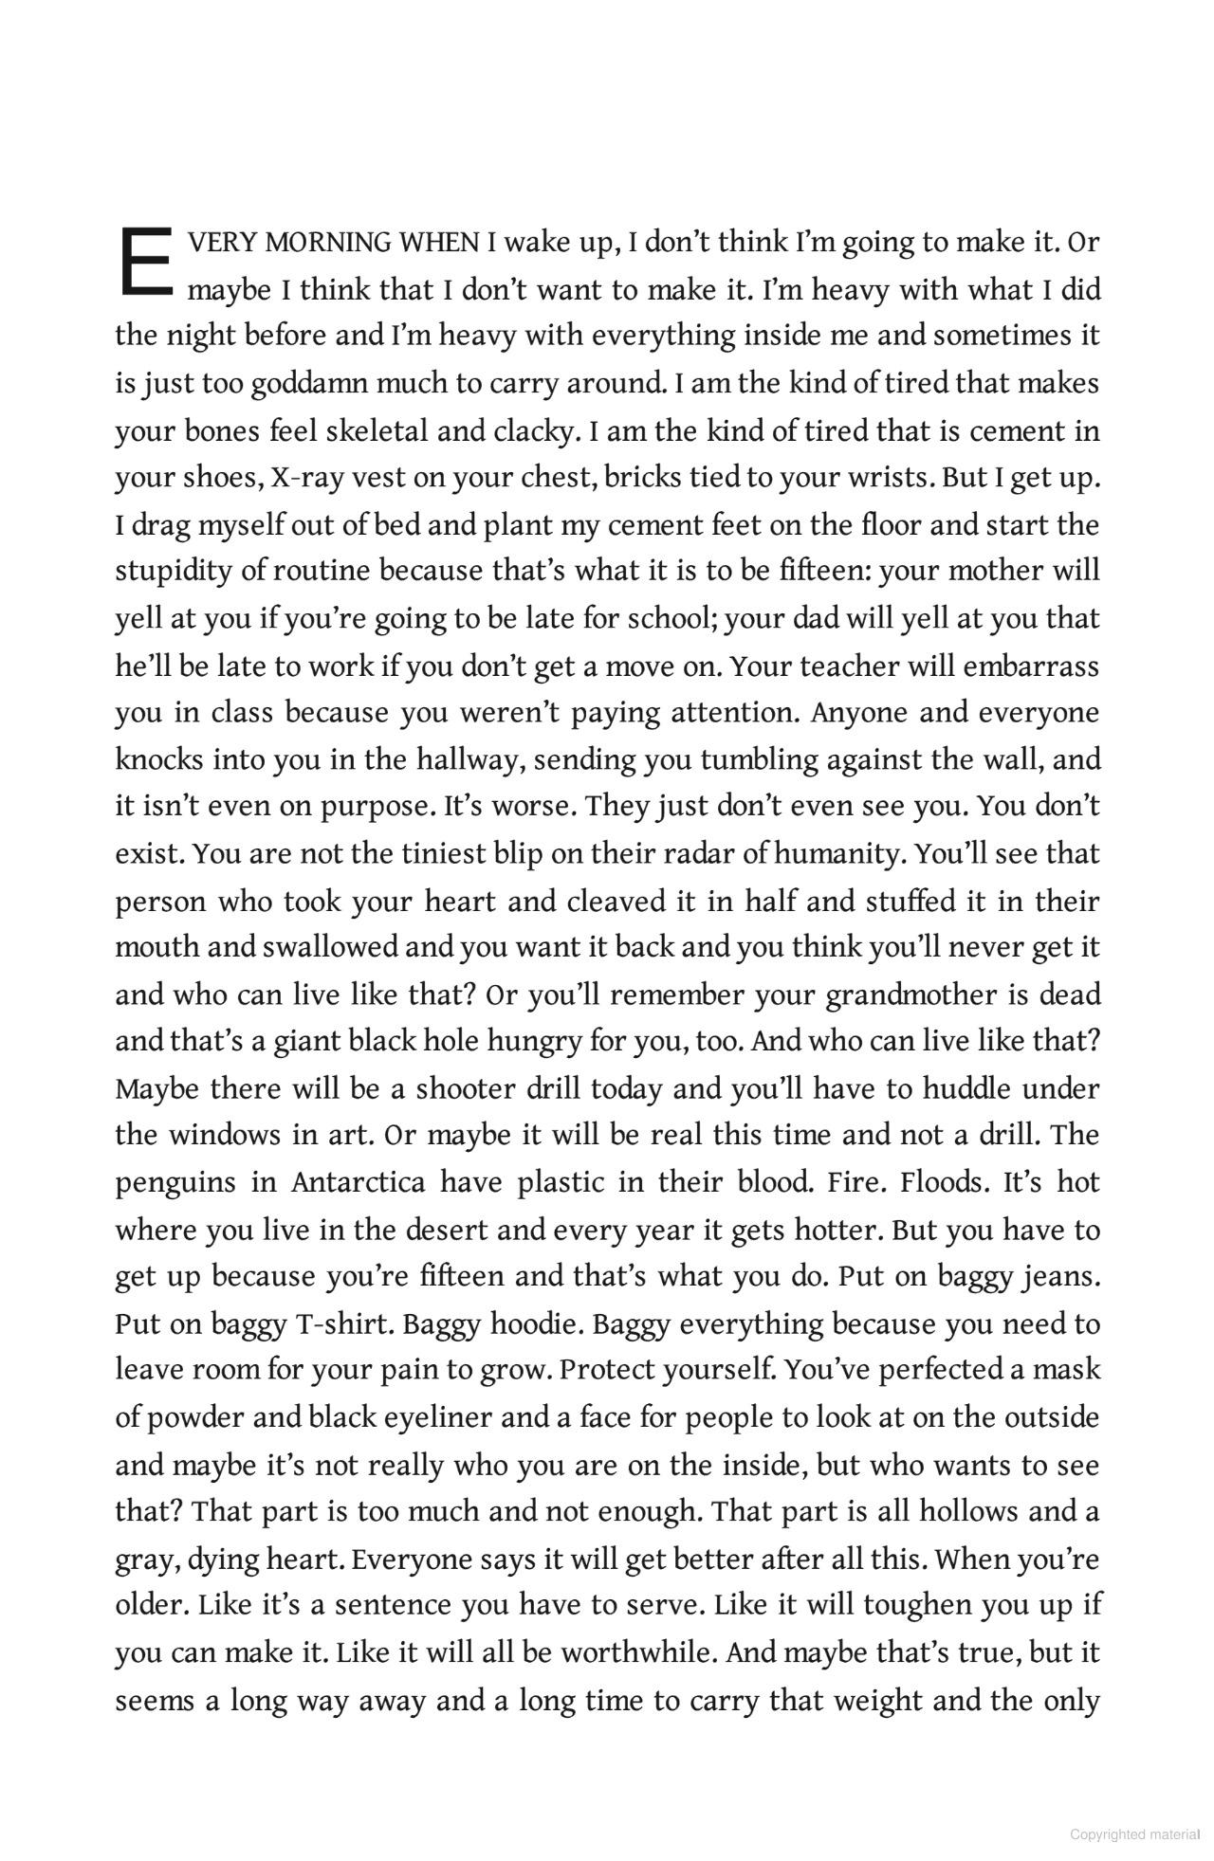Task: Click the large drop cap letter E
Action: (144, 260)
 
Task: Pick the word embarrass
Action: (1031, 666)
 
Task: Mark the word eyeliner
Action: (438, 1418)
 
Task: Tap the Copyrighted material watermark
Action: (1135, 1834)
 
